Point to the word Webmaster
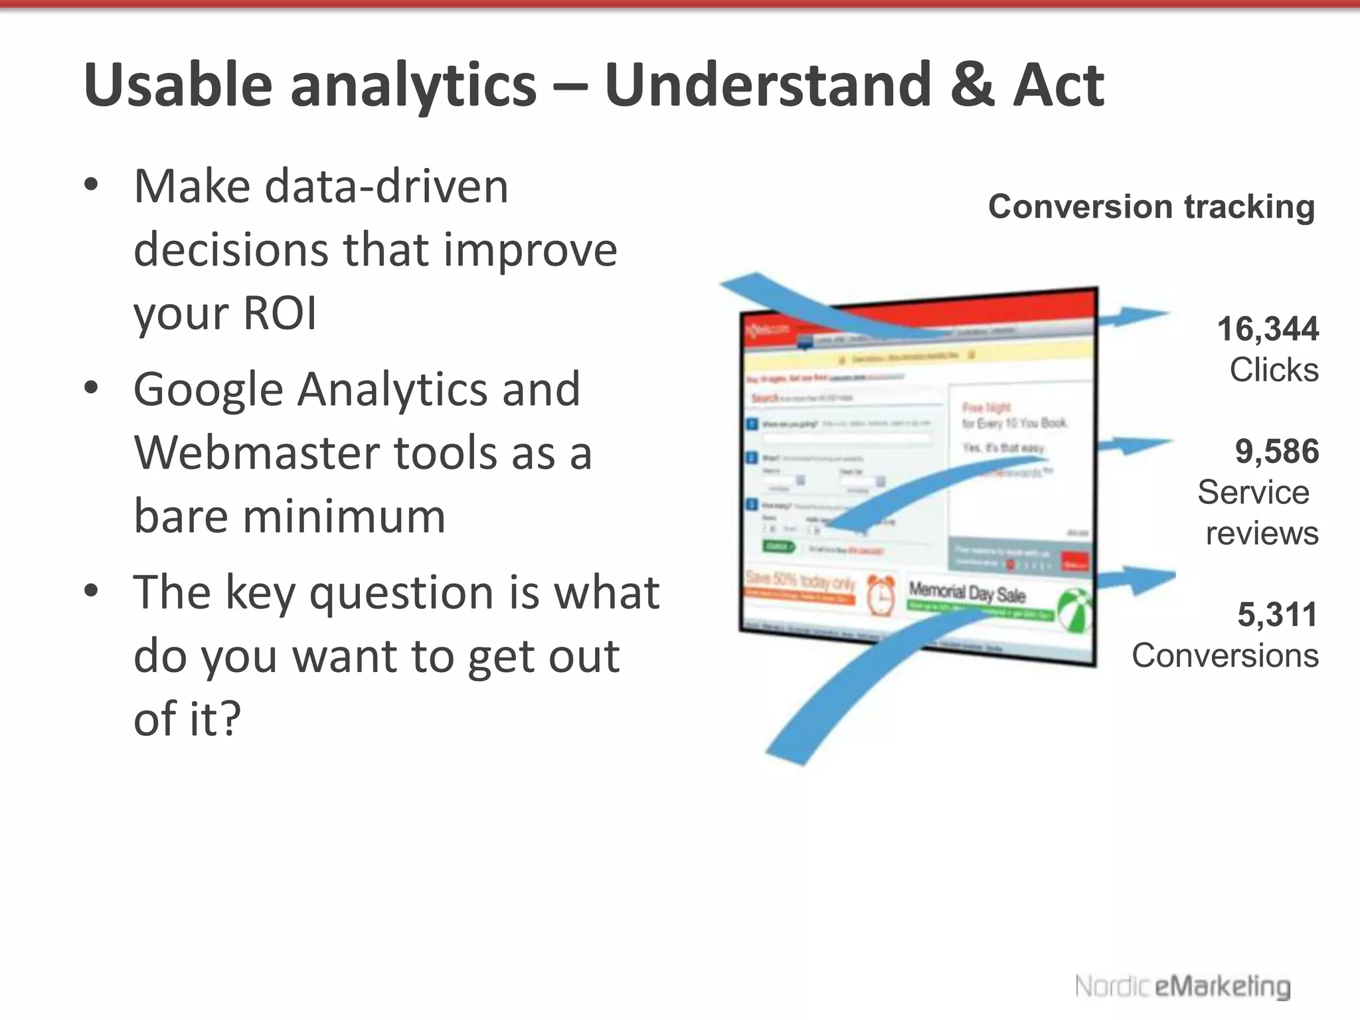pos(256,453)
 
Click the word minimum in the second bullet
pos(344,516)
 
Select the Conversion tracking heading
pos(1151,207)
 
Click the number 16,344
pos(1267,329)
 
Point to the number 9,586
pos(1276,452)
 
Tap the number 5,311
pos(1276,614)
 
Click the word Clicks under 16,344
pos(1273,369)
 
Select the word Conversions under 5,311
pos(1225,655)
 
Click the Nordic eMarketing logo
pos(1183,986)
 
